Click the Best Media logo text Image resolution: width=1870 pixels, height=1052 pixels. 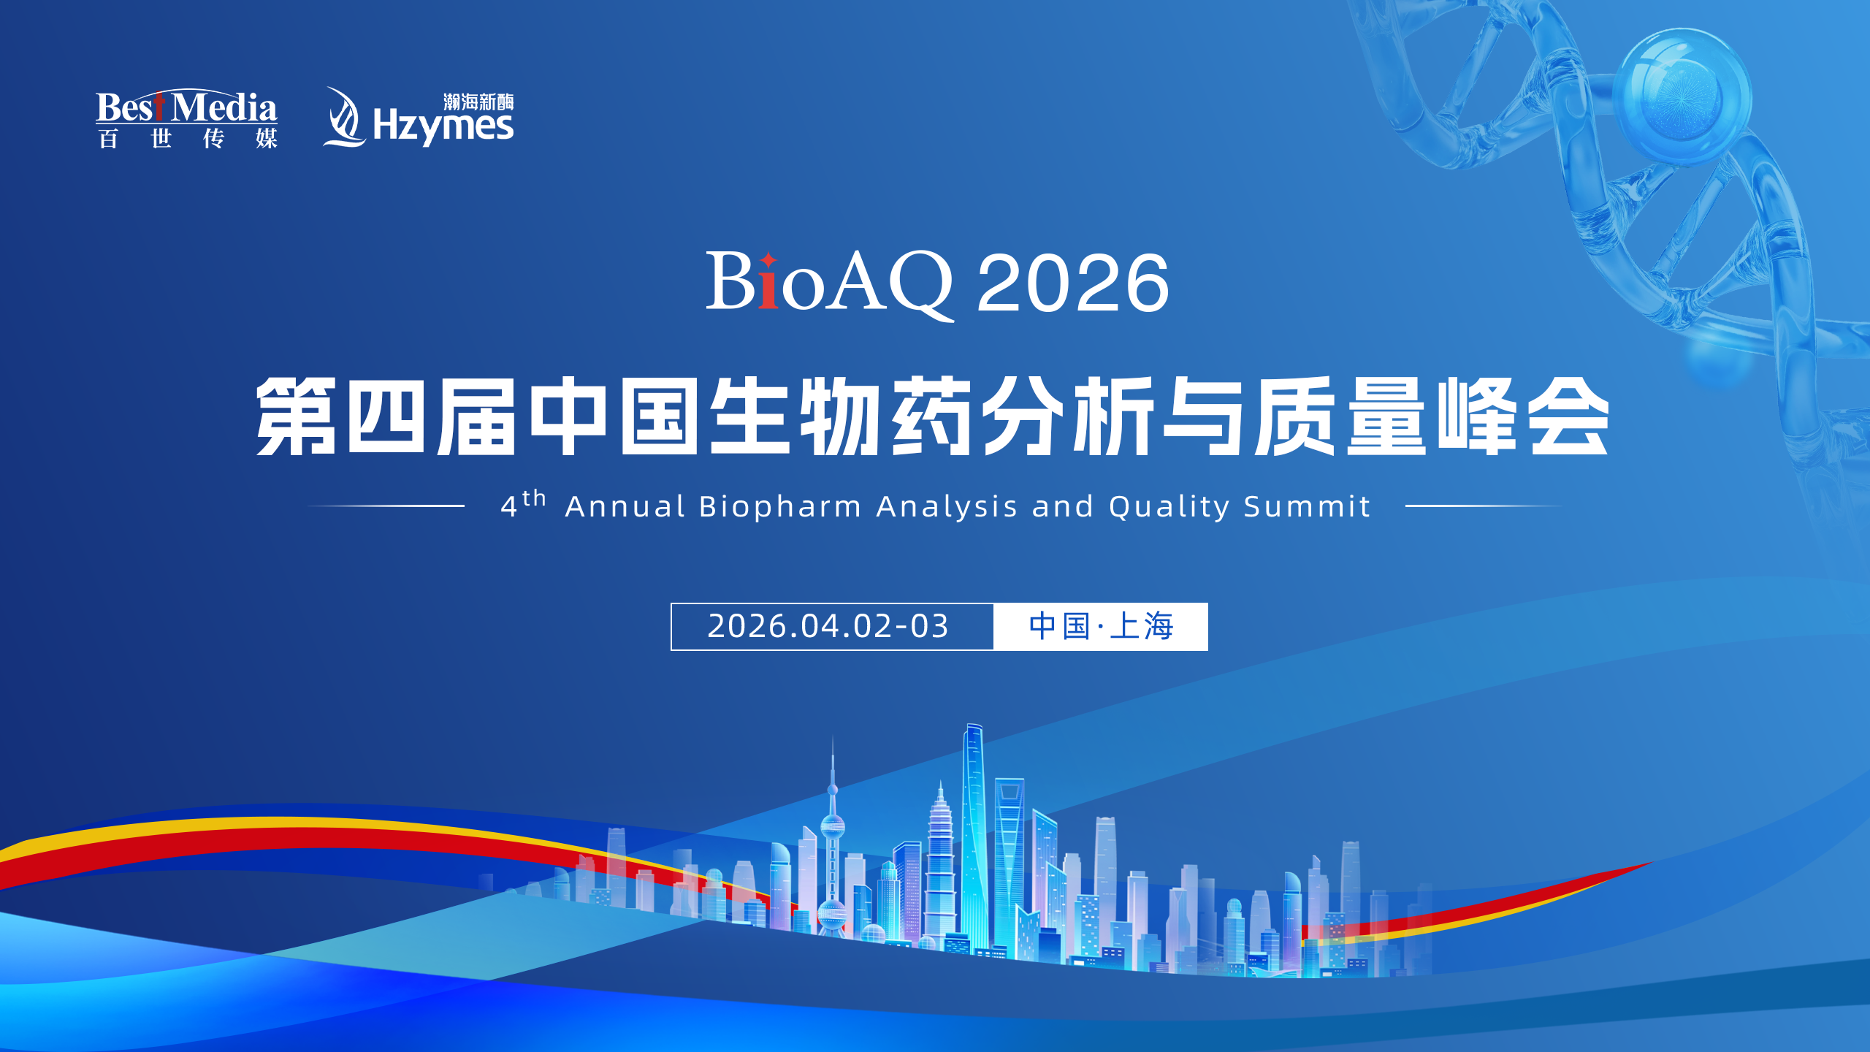pyautogui.click(x=186, y=107)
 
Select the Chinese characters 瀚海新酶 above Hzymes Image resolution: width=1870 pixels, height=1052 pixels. pyautogui.click(x=478, y=102)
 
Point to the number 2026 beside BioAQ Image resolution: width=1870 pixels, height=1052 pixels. pyautogui.click(x=1072, y=283)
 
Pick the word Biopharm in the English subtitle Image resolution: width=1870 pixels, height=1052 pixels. pyautogui.click(x=779, y=506)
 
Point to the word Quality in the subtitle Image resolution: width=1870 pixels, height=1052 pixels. pyautogui.click(x=1169, y=506)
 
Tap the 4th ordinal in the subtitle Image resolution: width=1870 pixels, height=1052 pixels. pyautogui.click(x=522, y=504)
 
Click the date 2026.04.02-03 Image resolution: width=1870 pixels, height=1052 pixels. pyautogui.click(x=828, y=626)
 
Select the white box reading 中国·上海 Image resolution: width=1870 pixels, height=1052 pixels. pyautogui.click(x=1100, y=626)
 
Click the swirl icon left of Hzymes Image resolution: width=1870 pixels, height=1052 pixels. pyautogui.click(x=343, y=118)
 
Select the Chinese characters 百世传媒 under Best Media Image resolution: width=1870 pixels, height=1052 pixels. pyautogui.click(x=188, y=138)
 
